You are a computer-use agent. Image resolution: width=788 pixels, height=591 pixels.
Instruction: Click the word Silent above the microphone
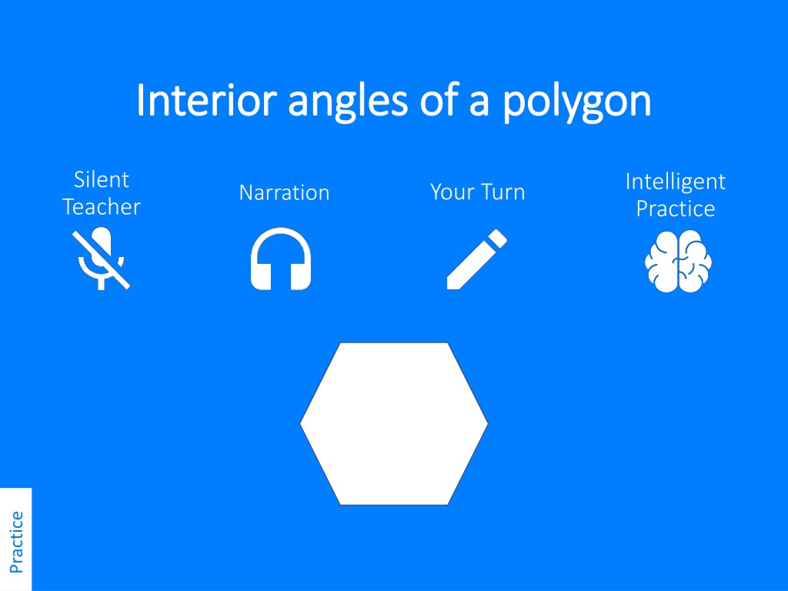[102, 179]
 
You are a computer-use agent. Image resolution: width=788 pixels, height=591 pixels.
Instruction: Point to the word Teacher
[102, 206]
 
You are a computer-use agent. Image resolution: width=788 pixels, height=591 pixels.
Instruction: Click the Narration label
[285, 192]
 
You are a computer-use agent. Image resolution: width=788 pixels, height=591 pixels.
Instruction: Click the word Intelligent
[676, 182]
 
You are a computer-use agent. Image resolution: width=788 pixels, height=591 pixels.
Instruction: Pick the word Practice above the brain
[676, 209]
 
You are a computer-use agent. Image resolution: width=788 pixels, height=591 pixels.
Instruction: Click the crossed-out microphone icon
[101, 259]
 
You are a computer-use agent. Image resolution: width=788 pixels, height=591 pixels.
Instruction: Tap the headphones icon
[281, 259]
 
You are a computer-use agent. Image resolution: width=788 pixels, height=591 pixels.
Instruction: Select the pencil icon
[477, 259]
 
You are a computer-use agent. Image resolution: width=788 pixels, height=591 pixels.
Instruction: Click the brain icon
[678, 261]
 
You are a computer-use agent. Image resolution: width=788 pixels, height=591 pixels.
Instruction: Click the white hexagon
[394, 424]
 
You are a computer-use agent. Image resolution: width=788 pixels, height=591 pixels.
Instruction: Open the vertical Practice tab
[16, 539]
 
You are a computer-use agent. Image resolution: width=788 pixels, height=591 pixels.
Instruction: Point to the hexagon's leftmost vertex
[300, 424]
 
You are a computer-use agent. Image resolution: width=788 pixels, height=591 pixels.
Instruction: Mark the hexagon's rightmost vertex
[488, 424]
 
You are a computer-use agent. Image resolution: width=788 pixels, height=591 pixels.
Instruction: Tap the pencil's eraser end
[498, 238]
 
